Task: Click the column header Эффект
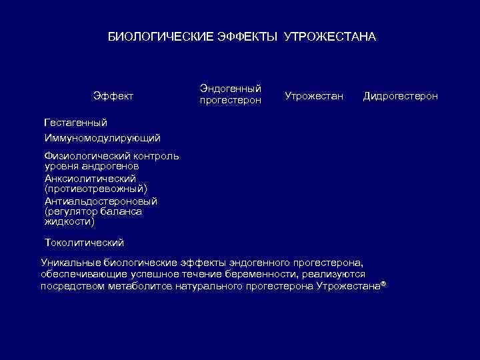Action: pyautogui.click(x=113, y=97)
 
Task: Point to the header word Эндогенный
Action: pyautogui.click(x=231, y=89)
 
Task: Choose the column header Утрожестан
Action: pyautogui.click(x=314, y=97)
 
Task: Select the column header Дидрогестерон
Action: pyautogui.click(x=400, y=97)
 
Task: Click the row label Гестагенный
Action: pyautogui.click(x=75, y=123)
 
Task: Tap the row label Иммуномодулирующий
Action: pyautogui.click(x=102, y=138)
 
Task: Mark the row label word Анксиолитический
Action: pyautogui.click(x=90, y=178)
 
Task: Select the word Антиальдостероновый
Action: pyautogui.click(x=101, y=201)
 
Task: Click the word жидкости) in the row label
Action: pyautogui.click(x=69, y=221)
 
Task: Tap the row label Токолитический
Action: pyautogui.click(x=84, y=242)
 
